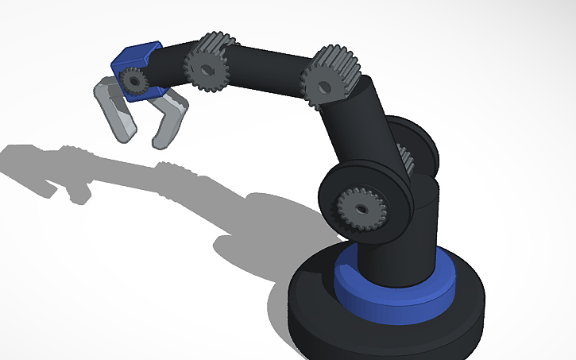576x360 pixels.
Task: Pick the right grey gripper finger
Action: tap(168, 119)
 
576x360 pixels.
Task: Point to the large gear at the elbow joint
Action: tap(331, 75)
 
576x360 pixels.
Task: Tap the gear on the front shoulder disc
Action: tap(360, 209)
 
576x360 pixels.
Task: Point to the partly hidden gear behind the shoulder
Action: tap(406, 159)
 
